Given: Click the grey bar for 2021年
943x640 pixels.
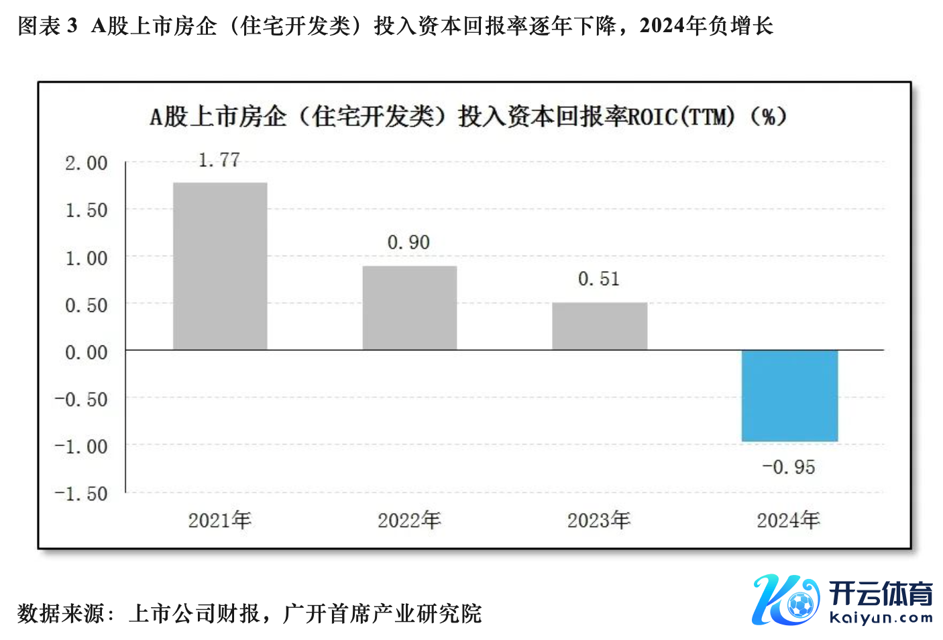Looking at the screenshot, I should (220, 266).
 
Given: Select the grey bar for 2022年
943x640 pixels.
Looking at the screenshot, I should (410, 308).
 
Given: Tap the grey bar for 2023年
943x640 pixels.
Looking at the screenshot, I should (600, 326).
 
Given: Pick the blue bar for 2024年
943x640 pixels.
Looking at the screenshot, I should (789, 395).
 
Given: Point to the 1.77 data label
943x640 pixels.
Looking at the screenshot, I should (219, 160).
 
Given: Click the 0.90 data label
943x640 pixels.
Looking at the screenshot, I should (408, 243).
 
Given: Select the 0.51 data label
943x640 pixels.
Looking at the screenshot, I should (598, 279).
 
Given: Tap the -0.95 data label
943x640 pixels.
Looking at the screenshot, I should (788, 467).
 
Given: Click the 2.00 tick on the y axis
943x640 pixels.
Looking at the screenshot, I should (86, 163).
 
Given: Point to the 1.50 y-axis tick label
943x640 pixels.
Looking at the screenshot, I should (86, 211).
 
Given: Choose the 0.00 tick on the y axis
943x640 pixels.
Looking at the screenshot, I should (86, 352).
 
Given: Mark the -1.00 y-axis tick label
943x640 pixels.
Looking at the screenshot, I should (81, 447).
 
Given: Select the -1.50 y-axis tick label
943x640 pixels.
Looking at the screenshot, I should (81, 494).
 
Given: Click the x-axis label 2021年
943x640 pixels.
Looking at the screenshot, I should (219, 520).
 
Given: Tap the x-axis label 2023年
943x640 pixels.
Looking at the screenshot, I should (599, 520).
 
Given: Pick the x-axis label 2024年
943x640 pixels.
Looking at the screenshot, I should (789, 520).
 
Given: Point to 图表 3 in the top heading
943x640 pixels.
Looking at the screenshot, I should (47, 26).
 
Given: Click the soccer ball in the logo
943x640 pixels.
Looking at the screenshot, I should (799, 605).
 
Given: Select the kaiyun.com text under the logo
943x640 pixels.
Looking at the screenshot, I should (881, 618).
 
